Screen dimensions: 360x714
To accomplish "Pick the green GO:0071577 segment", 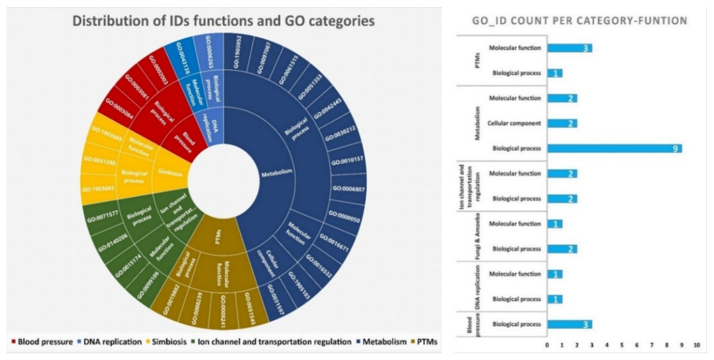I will (102, 217).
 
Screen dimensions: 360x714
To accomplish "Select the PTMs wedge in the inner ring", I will (218, 237).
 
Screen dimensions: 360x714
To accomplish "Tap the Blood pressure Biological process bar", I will (570, 324).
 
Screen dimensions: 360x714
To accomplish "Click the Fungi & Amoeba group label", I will (478, 236).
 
